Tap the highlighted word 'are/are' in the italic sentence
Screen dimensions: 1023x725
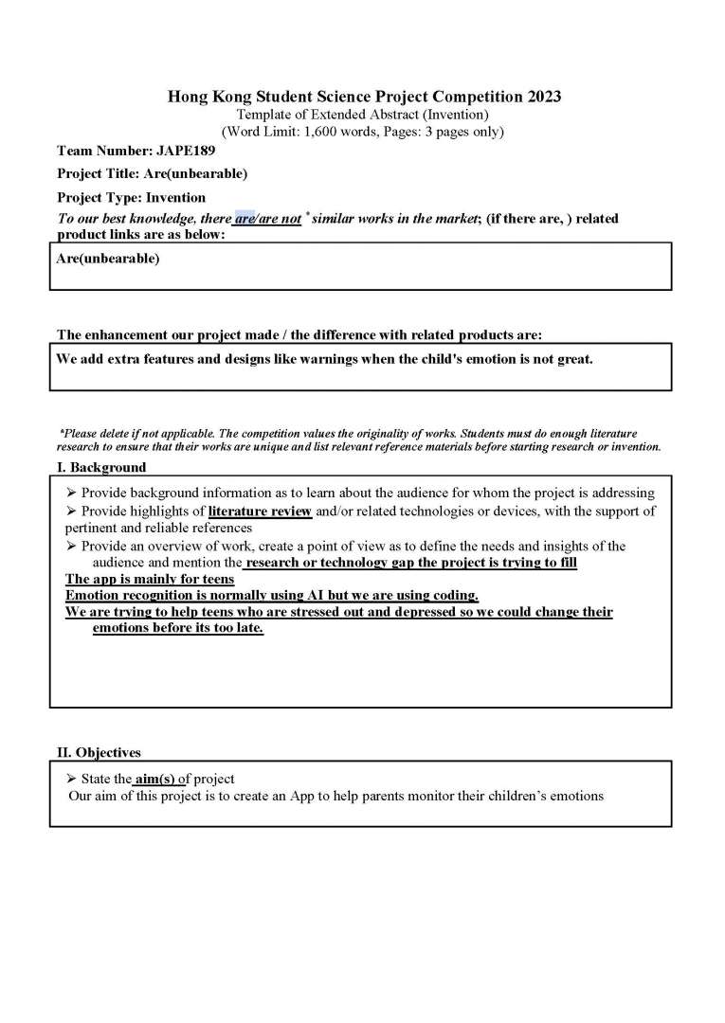[x=245, y=219]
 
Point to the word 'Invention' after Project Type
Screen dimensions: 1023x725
[x=174, y=197]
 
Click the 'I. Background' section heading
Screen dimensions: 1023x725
[x=101, y=467]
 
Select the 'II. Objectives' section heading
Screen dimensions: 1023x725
[x=99, y=752]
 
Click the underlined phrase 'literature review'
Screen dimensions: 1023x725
[x=260, y=511]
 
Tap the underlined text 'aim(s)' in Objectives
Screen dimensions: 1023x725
[x=156, y=779]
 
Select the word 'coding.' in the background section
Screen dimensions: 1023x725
[x=451, y=596]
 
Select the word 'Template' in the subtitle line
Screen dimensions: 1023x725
[x=265, y=115]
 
